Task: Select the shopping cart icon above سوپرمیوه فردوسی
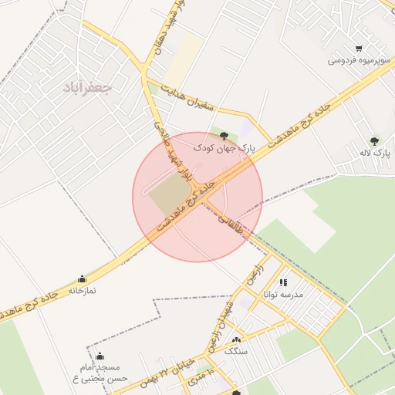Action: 359,48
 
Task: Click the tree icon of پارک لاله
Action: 374,141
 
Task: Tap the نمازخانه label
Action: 83,291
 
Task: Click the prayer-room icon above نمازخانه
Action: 83,279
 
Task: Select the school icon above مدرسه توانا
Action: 283,283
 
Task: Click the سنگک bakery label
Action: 235,351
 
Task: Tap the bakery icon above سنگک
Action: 235,339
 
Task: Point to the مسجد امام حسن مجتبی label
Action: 100,373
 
